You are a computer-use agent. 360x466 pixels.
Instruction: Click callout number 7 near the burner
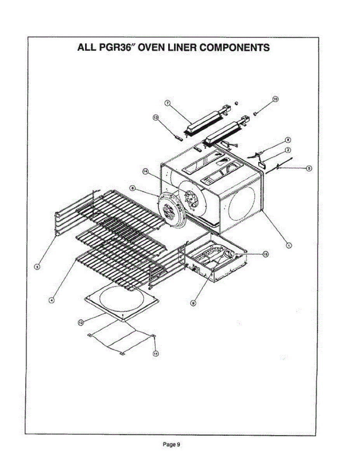click(x=167, y=103)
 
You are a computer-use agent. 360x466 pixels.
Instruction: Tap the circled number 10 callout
click(x=275, y=99)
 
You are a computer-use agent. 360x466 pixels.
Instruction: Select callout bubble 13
click(x=156, y=117)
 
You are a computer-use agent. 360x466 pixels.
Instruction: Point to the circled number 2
click(x=288, y=150)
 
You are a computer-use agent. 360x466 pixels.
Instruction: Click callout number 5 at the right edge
click(x=309, y=168)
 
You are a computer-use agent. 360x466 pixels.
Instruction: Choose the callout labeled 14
click(x=146, y=172)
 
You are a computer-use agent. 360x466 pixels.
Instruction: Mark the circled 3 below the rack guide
click(x=37, y=266)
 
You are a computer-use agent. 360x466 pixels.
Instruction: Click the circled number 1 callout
click(x=289, y=245)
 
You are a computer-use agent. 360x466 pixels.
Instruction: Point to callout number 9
click(x=193, y=303)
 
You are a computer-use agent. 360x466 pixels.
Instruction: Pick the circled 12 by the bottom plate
click(x=81, y=322)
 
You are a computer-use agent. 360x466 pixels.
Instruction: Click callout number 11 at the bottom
click(x=156, y=353)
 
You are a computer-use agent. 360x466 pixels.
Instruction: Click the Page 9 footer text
click(x=171, y=445)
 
